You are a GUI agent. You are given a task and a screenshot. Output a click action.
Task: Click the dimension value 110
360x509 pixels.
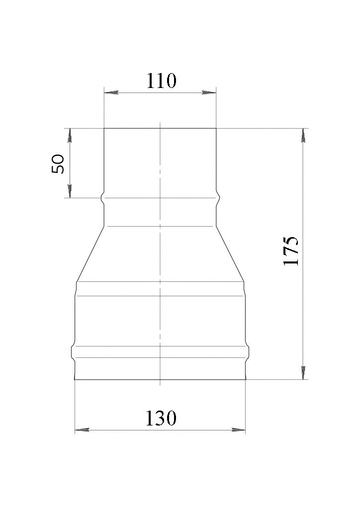161,81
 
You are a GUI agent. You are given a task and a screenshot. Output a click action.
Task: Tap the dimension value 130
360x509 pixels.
161,418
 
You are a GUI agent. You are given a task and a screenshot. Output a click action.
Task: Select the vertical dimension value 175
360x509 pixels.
291,251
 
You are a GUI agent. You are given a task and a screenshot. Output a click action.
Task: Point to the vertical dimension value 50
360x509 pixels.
59,164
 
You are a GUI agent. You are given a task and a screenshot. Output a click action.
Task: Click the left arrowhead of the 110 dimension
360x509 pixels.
110,93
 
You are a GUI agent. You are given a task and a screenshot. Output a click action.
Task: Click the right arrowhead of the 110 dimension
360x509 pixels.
209,93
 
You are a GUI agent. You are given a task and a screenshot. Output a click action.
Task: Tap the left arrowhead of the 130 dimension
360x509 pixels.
82,430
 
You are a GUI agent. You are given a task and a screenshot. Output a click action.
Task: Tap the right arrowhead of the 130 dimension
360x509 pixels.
239,430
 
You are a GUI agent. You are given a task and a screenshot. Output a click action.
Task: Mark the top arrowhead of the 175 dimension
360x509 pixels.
303,135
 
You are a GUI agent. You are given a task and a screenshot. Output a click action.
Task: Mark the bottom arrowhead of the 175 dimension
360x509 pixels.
303,372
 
